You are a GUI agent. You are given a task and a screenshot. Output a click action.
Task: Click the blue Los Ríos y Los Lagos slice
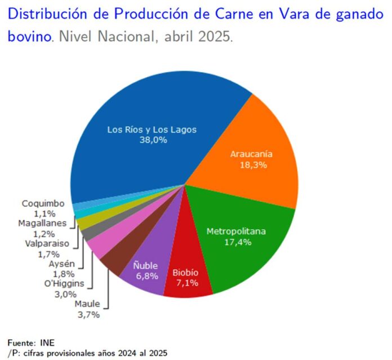point(152,113)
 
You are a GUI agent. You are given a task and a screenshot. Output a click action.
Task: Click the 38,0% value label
point(153,140)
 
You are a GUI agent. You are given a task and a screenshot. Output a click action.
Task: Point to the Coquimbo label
point(43,204)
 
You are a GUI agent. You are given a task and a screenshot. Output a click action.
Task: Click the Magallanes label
point(42,223)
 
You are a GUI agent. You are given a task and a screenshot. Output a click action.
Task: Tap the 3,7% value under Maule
point(88,314)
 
